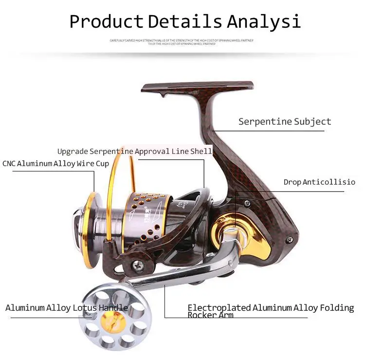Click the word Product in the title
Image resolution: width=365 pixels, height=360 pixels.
106,22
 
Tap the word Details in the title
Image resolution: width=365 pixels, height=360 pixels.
185,22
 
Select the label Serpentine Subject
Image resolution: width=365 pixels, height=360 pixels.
284,121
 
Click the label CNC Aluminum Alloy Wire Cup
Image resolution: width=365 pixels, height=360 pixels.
55,164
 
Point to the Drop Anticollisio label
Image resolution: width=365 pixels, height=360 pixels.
319,182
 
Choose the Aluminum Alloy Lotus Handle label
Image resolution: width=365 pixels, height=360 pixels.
67,308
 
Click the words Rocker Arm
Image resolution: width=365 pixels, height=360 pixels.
210,315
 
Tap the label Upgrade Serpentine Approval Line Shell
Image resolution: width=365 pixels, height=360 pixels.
134,152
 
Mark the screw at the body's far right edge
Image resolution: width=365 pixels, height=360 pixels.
290,239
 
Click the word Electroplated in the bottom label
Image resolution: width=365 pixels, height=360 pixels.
219,308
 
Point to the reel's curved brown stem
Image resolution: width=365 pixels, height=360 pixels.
219,141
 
